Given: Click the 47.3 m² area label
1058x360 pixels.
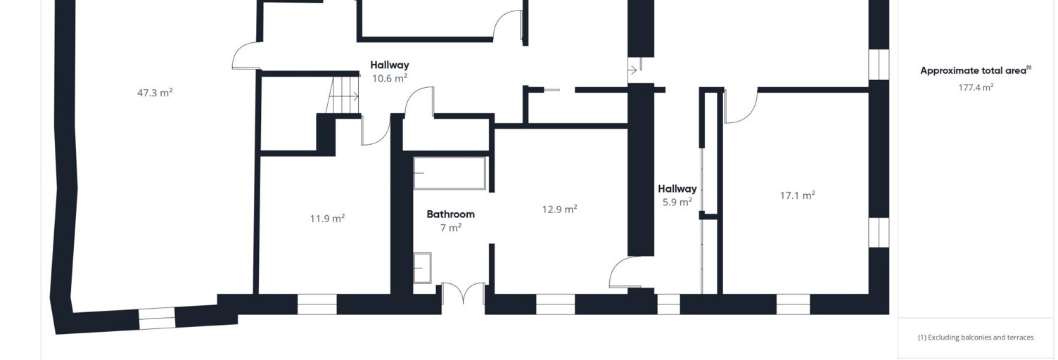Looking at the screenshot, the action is (155, 93).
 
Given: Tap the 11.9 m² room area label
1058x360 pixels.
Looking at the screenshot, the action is (327, 219).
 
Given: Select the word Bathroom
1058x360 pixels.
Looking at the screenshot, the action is (451, 214).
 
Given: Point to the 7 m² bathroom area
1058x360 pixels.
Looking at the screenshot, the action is (451, 228).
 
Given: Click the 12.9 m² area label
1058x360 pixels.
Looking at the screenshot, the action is (560, 209).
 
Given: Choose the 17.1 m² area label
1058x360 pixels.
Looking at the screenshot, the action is (797, 195).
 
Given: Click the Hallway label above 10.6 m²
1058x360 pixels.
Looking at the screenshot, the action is (390, 65).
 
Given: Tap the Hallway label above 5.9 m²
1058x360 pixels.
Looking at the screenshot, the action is (677, 188).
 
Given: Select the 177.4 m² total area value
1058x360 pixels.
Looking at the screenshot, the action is (976, 87).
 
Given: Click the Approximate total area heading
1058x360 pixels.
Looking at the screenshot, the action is (976, 70).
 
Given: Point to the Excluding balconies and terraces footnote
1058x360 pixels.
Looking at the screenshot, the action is (976, 337).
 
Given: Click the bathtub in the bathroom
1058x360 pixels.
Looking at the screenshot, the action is (450, 173).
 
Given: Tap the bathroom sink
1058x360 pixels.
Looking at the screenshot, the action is (422, 268).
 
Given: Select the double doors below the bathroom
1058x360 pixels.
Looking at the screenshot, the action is (463, 293).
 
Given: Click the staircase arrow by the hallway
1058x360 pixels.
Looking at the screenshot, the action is (344, 96).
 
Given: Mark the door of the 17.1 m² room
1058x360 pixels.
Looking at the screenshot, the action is (740, 107).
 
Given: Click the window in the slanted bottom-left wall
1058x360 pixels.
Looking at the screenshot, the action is (157, 319).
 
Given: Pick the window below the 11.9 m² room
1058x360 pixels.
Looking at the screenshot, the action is (317, 304).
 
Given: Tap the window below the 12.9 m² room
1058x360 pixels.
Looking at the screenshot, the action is (556, 304).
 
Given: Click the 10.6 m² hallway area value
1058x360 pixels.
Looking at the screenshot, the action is (390, 78).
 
